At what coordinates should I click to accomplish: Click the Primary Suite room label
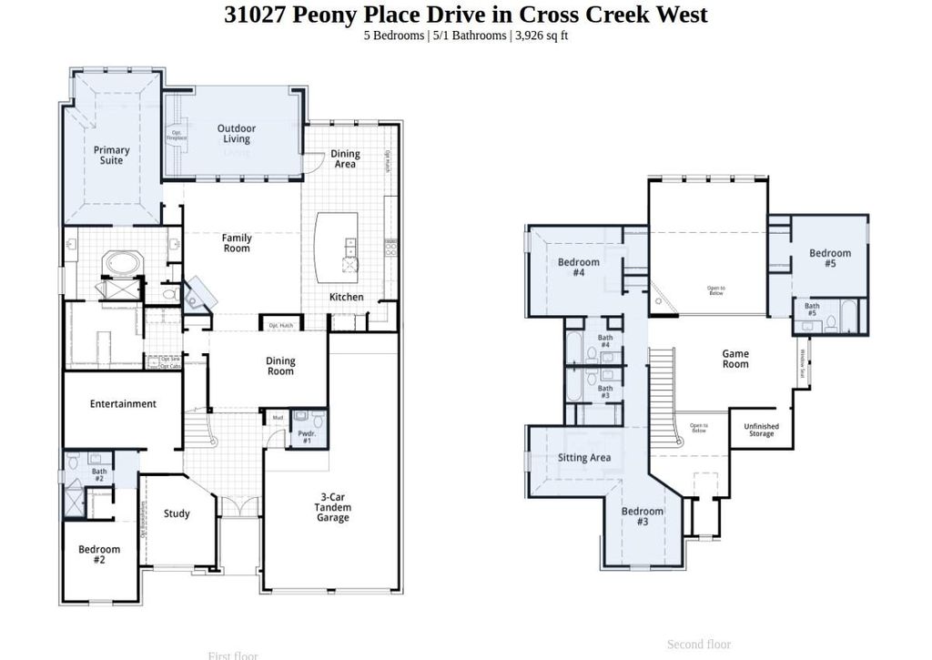click(x=111, y=156)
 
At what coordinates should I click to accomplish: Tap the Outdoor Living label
click(x=236, y=134)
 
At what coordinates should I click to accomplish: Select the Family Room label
click(x=237, y=243)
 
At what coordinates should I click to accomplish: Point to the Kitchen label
click(x=346, y=297)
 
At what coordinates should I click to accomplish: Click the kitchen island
click(x=335, y=247)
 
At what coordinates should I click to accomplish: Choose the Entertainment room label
click(x=123, y=404)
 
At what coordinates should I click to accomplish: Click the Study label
click(x=177, y=513)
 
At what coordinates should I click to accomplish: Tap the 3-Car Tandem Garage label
click(x=332, y=507)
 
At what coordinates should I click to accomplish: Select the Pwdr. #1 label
click(x=306, y=437)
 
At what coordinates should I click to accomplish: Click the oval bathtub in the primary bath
click(x=122, y=264)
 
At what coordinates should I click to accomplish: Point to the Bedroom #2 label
click(x=99, y=554)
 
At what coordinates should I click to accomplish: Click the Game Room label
click(x=735, y=359)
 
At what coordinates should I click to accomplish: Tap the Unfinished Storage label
click(x=761, y=430)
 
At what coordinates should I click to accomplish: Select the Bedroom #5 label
click(x=830, y=259)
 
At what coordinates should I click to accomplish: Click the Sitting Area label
click(x=584, y=458)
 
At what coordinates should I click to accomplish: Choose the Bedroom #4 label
click(x=579, y=268)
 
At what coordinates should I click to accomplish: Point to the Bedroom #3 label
click(x=643, y=516)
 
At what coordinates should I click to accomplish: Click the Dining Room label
click(x=280, y=366)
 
